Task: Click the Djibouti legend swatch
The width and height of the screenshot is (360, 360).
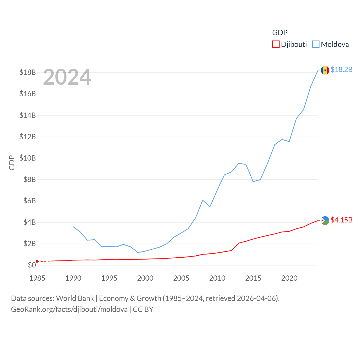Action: click(276, 44)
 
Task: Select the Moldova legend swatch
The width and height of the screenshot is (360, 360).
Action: click(316, 44)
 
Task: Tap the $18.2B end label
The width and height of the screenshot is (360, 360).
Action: click(341, 69)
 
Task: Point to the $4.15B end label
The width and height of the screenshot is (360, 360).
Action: click(341, 220)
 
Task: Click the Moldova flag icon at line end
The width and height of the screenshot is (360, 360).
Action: click(325, 70)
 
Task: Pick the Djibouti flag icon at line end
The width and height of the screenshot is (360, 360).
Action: click(325, 220)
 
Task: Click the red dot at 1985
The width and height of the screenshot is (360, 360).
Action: click(37, 261)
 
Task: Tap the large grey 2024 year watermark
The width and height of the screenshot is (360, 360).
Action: click(67, 77)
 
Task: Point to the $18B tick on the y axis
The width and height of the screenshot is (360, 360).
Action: click(28, 72)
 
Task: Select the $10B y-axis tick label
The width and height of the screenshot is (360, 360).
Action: click(28, 158)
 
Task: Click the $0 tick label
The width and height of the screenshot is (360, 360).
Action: click(32, 265)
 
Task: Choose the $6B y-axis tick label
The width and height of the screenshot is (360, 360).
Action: click(30, 201)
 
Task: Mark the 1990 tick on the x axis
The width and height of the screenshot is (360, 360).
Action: click(73, 278)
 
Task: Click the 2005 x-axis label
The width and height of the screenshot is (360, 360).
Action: click(181, 278)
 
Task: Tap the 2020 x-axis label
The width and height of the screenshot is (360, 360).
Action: click(289, 278)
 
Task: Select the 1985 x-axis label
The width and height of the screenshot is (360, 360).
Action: click(37, 278)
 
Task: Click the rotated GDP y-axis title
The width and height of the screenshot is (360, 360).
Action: click(12, 163)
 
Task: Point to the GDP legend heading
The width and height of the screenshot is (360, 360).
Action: click(280, 33)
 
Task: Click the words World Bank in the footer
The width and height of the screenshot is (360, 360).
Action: click(75, 298)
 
